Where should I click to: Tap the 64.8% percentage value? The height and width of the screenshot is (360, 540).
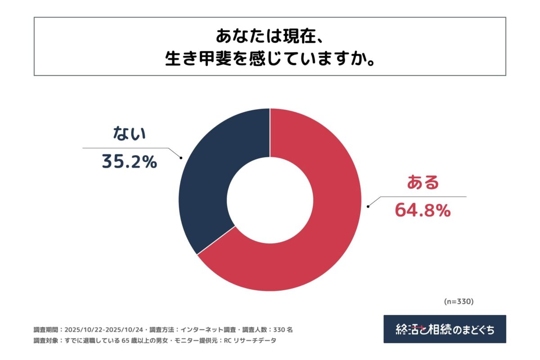pyautogui.click(x=423, y=211)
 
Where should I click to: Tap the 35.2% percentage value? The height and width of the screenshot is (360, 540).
pyautogui.click(x=129, y=162)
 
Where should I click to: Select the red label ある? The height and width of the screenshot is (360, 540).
pyautogui.click(x=423, y=183)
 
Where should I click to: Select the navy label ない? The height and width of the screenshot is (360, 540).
pyautogui.click(x=129, y=134)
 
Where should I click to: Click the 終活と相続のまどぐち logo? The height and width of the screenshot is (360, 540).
pyautogui.click(x=445, y=329)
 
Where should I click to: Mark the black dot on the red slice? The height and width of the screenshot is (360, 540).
pyautogui.click(x=368, y=207)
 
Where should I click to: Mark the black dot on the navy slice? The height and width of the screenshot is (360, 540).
pyautogui.click(x=181, y=157)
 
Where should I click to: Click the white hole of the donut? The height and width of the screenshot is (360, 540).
pyautogui.click(x=270, y=199)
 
